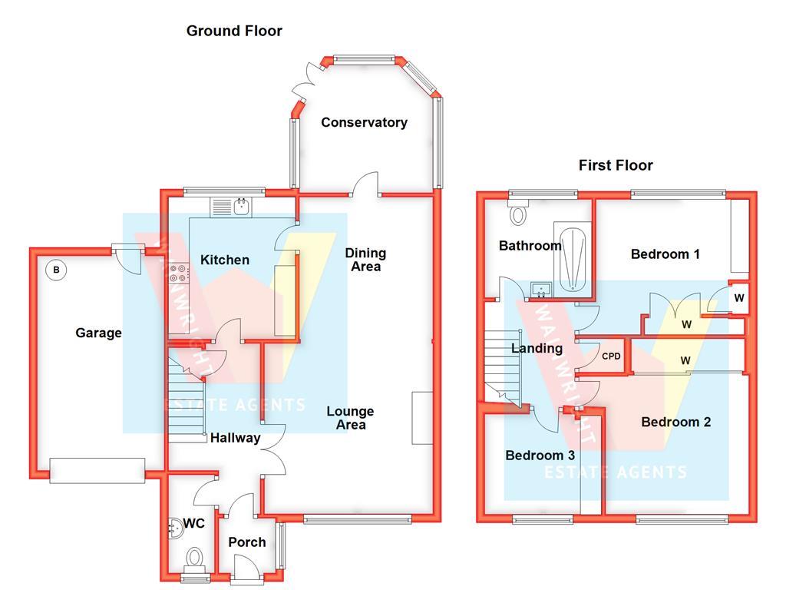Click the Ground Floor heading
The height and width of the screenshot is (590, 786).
pyautogui.click(x=234, y=31)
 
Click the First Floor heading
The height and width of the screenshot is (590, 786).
pyautogui.click(x=616, y=165)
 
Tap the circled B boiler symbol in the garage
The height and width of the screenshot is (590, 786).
pyautogui.click(x=54, y=270)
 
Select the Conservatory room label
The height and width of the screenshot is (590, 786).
pyautogui.click(x=364, y=122)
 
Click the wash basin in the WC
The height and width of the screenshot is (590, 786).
pyautogui.click(x=172, y=527)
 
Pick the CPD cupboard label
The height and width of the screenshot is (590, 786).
pyautogui.click(x=611, y=356)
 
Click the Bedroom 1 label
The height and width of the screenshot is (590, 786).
pyautogui.click(x=665, y=254)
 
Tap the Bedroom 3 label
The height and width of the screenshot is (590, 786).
pyautogui.click(x=540, y=456)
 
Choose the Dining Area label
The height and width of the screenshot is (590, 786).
pyautogui.click(x=365, y=260)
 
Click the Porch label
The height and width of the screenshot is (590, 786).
pyautogui.click(x=247, y=542)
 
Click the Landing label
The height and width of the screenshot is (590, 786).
pyautogui.click(x=537, y=348)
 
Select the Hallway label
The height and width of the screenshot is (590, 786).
pyautogui.click(x=236, y=438)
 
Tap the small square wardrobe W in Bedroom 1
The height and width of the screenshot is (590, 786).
pyautogui.click(x=738, y=298)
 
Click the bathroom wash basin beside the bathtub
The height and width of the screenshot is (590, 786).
pyautogui.click(x=542, y=290)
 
